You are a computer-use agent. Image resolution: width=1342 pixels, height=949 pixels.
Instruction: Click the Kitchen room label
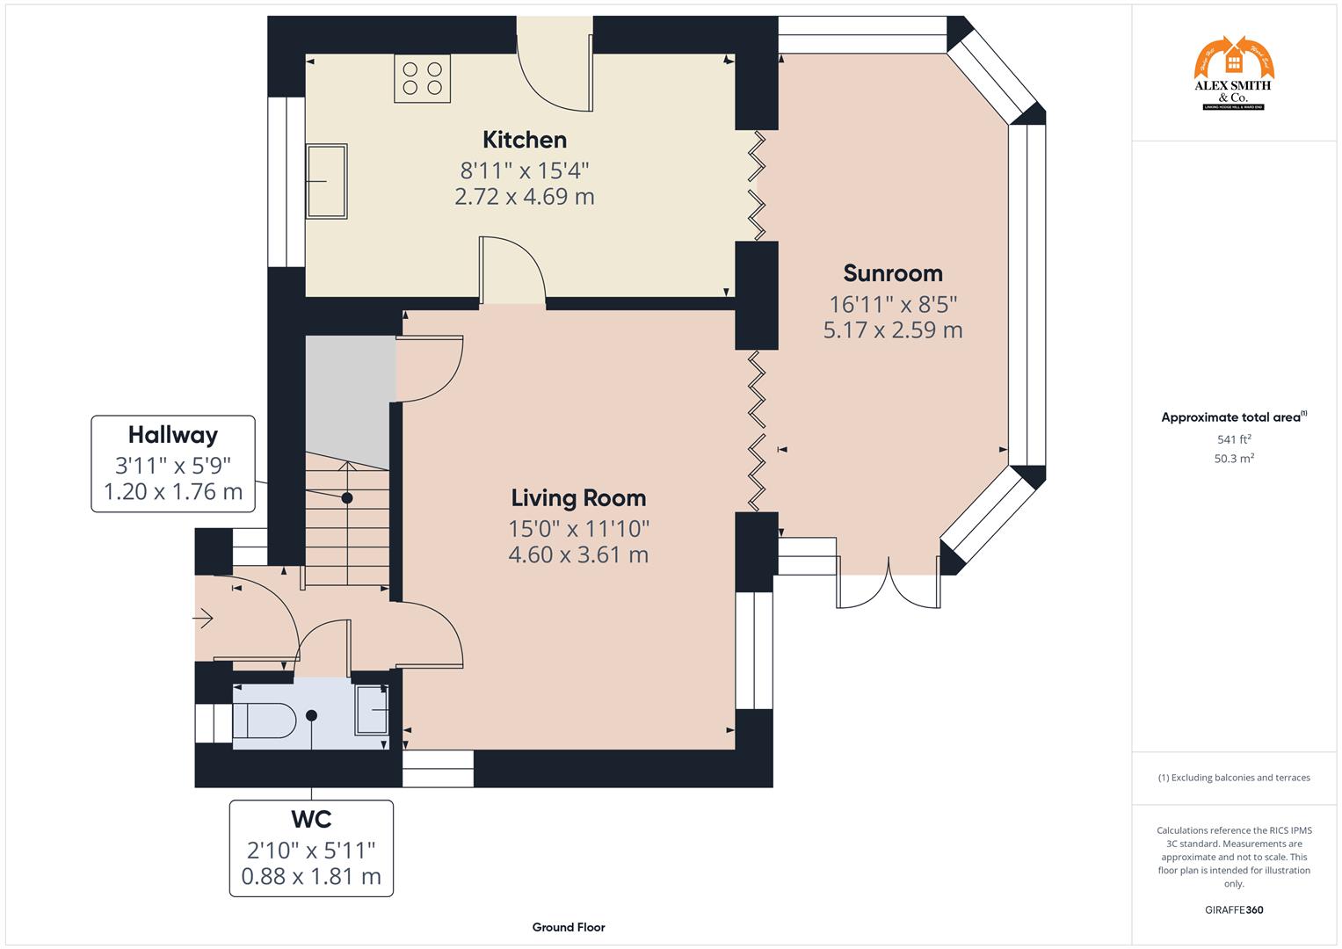pyautogui.click(x=525, y=140)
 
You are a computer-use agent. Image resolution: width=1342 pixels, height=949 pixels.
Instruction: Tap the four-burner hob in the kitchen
pyautogui.click(x=422, y=77)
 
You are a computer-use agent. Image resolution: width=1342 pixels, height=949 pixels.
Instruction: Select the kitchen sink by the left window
pyautogui.click(x=326, y=181)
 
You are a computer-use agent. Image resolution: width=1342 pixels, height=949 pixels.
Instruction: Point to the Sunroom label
pyautogui.click(x=893, y=273)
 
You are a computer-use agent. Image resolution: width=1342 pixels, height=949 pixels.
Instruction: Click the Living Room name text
pyautogui.click(x=578, y=498)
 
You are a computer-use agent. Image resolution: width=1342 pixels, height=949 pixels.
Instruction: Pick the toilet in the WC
pyautogui.click(x=264, y=721)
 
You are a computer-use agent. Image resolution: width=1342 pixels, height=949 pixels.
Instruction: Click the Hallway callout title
pyautogui.click(x=173, y=435)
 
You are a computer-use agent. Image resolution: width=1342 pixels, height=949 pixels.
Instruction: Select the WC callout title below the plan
pyautogui.click(x=311, y=819)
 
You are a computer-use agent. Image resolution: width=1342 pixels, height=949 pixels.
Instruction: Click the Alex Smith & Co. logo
pyautogui.click(x=1233, y=74)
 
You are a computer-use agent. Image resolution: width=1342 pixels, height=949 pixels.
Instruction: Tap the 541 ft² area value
pyautogui.click(x=1234, y=439)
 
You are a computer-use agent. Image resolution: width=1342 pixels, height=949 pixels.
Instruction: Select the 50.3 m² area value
pyautogui.click(x=1234, y=459)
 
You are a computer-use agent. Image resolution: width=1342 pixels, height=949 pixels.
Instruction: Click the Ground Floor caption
pyautogui.click(x=568, y=927)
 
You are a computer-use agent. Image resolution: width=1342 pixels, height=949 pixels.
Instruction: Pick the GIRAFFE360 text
pyautogui.click(x=1234, y=910)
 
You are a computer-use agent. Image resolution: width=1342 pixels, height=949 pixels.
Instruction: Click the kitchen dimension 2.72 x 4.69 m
pyautogui.click(x=525, y=197)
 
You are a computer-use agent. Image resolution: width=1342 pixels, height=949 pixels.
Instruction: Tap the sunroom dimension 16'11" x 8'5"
pyautogui.click(x=893, y=304)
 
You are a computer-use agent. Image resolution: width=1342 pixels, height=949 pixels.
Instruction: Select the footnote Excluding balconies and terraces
pyautogui.click(x=1234, y=778)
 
